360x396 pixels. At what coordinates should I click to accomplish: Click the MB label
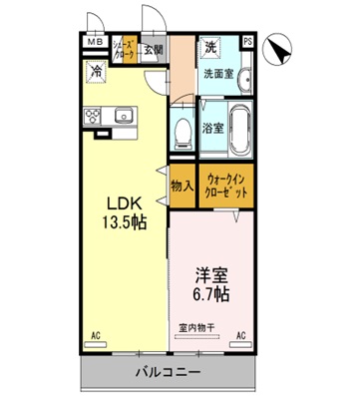pos(94,43)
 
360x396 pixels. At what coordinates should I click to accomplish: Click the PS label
pos(247,42)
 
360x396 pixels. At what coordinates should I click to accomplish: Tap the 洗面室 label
pos(218,73)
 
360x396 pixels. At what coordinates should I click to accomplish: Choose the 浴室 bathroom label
pos(212,128)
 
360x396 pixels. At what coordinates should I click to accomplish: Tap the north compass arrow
pos(282,45)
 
